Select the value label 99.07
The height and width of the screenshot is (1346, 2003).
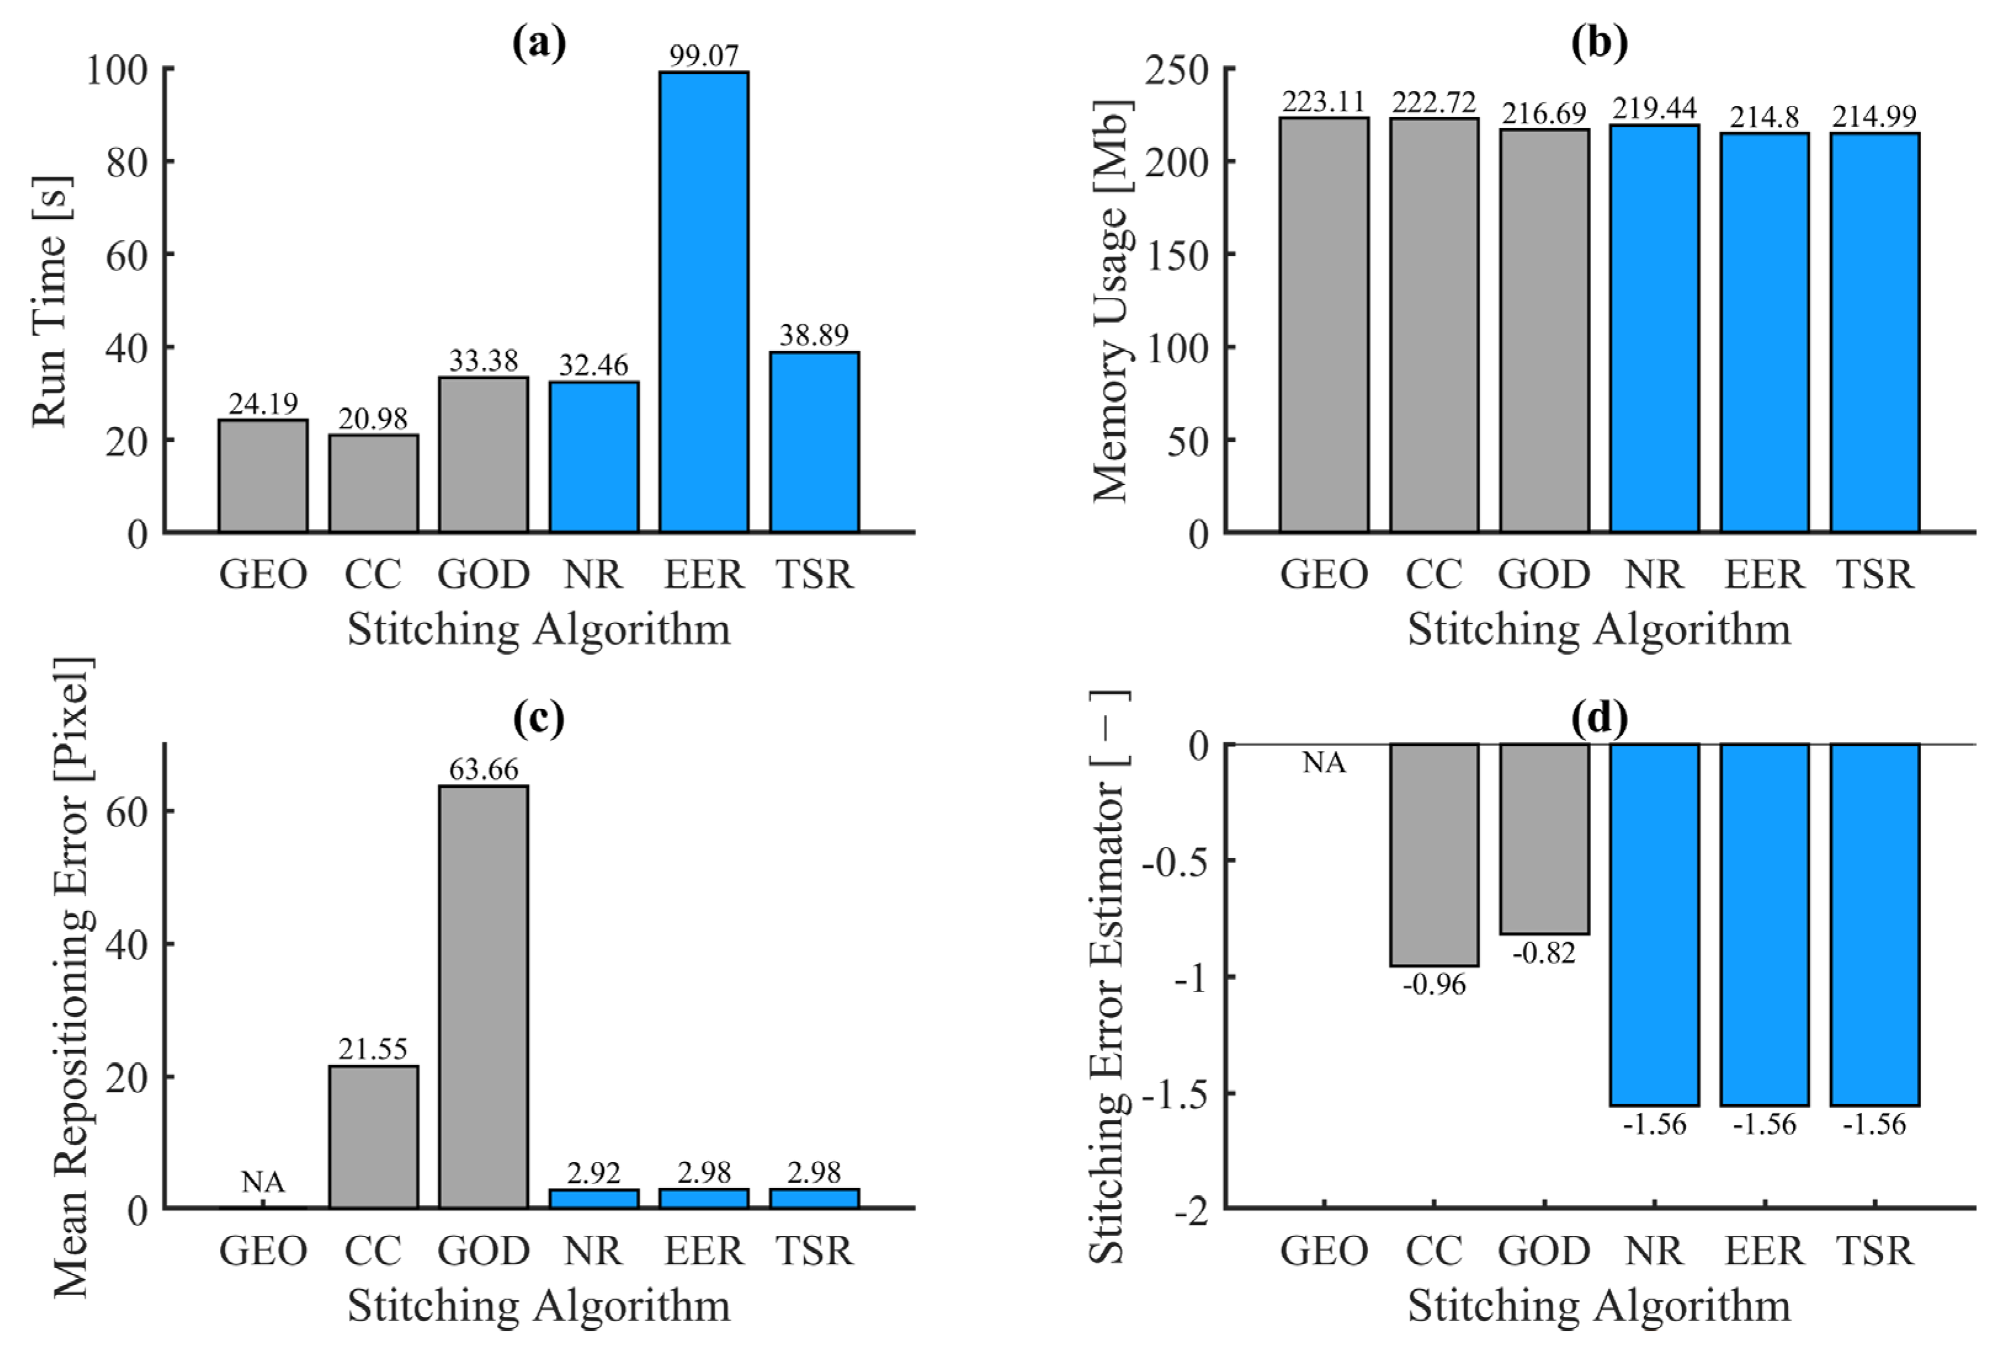[704, 56]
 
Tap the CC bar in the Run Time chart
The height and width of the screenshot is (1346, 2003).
[374, 483]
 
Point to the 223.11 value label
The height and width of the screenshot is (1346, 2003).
[1324, 102]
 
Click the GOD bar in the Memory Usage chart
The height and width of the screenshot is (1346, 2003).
[1544, 330]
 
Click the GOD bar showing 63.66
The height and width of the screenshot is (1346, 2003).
[483, 996]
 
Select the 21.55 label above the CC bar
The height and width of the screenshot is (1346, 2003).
[374, 1048]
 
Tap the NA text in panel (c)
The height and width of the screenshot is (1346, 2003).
[263, 1182]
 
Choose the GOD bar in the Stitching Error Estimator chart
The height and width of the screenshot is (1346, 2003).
[1544, 839]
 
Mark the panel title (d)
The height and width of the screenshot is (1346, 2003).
[1598, 718]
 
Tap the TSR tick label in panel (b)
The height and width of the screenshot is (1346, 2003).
[1875, 574]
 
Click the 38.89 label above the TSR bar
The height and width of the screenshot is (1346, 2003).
[814, 335]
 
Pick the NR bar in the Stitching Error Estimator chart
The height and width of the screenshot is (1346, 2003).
[1654, 924]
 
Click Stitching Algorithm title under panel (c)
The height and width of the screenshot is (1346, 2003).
[539, 1305]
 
